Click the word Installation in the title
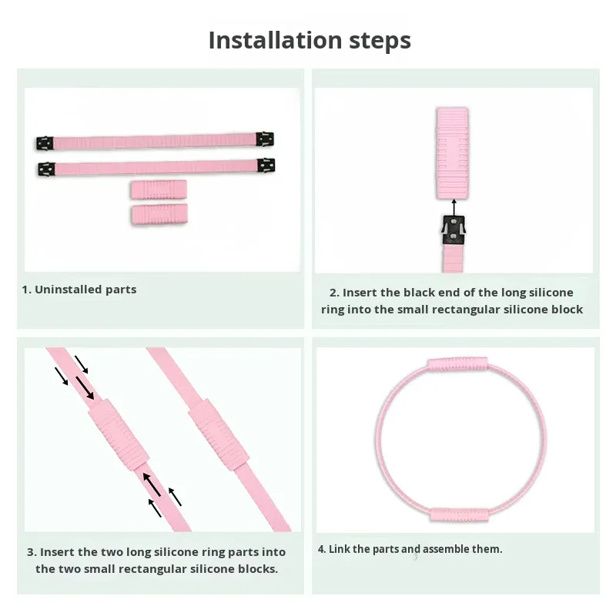[276, 40]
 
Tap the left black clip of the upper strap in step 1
[45, 143]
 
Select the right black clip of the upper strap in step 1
[265, 139]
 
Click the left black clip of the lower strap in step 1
[47, 169]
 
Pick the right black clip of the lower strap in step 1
[266, 166]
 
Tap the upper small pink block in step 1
[159, 189]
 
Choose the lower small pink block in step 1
[159, 215]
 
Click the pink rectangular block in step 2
[452, 153]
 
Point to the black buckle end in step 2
[454, 230]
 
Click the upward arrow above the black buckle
[454, 208]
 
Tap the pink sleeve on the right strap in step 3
[219, 434]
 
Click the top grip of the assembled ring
[457, 364]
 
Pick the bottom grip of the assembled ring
[459, 514]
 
